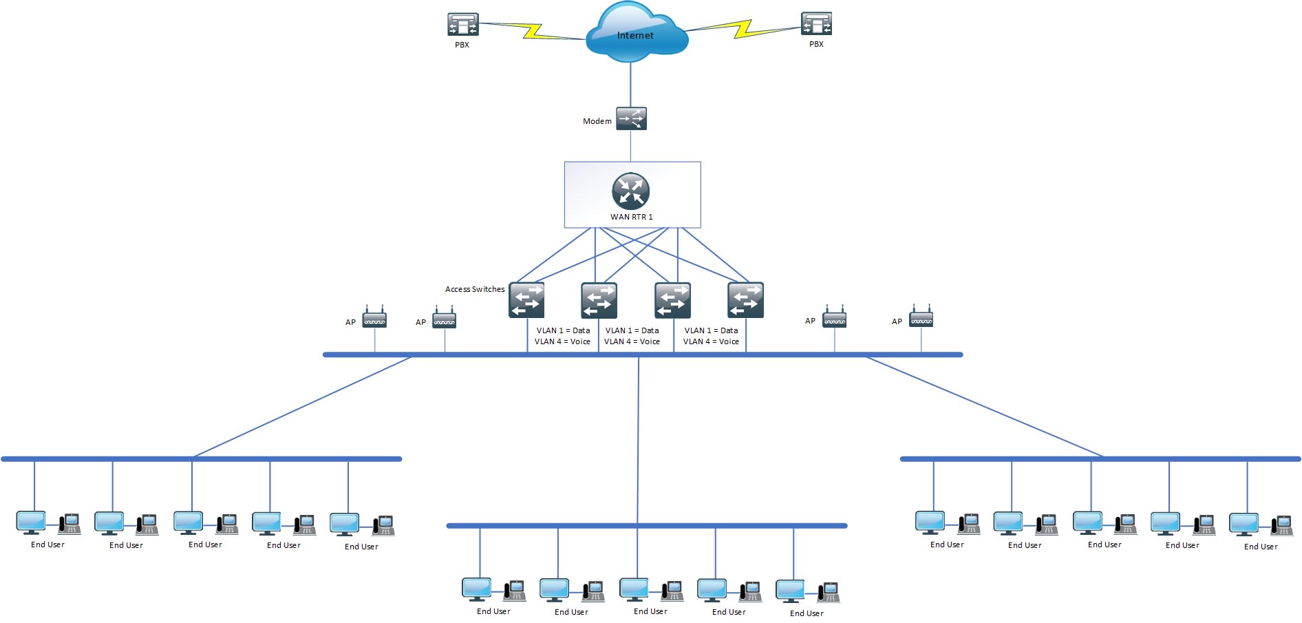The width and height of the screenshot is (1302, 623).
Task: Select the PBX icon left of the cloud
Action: pos(462,24)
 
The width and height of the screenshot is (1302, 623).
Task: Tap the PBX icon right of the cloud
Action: pos(816,23)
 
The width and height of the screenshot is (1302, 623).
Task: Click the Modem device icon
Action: pos(631,118)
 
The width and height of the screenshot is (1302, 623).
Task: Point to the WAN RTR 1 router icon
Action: pos(630,191)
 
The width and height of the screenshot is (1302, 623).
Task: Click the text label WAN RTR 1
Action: pos(631,217)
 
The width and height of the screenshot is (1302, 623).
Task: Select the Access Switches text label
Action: pos(474,289)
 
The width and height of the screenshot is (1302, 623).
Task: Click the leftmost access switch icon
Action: pos(526,300)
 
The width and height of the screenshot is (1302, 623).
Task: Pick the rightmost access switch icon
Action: pos(745,300)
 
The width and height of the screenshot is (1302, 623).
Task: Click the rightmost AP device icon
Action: pos(921,317)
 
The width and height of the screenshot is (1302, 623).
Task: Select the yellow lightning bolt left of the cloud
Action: pos(533,30)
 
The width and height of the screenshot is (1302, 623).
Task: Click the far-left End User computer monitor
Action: pos(31,522)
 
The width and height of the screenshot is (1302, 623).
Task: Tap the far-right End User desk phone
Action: pos(1281,526)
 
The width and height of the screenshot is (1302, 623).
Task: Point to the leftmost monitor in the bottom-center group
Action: pos(476,589)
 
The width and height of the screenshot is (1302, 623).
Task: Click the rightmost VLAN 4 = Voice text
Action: pos(710,341)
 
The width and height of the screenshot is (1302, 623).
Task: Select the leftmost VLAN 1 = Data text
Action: pos(563,330)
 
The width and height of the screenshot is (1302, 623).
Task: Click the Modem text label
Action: pos(597,121)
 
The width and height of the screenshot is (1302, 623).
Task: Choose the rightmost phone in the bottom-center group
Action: pos(829,593)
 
